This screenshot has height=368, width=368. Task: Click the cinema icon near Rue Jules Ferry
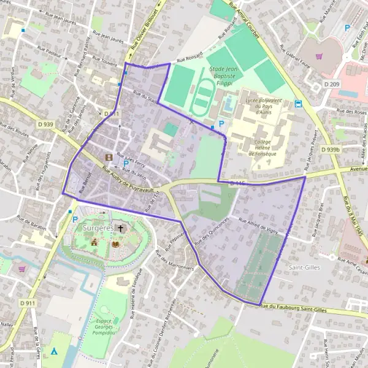pos(109,157)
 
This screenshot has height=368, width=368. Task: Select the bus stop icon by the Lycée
pos(298,104)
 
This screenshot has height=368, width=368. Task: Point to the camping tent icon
pos(55,351)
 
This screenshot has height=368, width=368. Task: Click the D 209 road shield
pos(332,83)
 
